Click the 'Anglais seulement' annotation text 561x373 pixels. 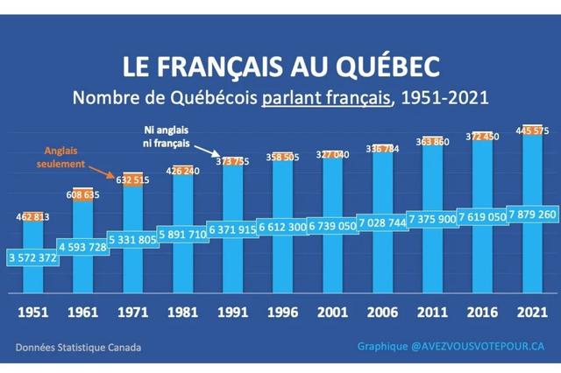pyautogui.click(x=67, y=155)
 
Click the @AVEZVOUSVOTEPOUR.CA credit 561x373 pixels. pyautogui.click(x=478, y=346)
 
